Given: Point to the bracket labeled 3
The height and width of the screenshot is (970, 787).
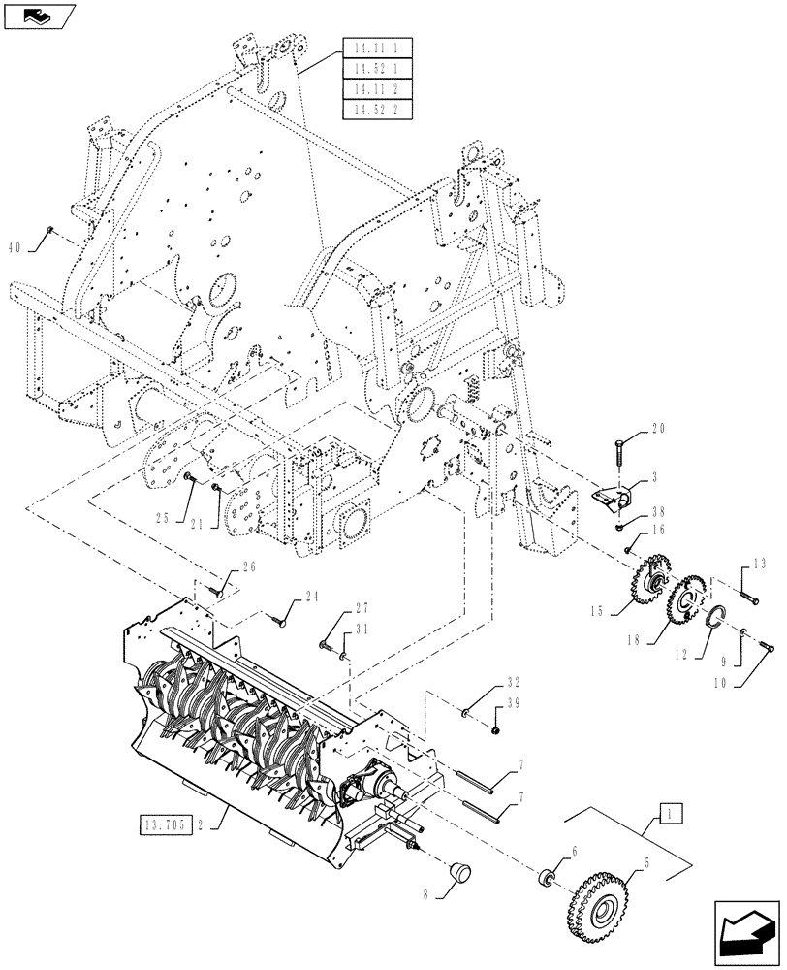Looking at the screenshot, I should [x=611, y=499].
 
